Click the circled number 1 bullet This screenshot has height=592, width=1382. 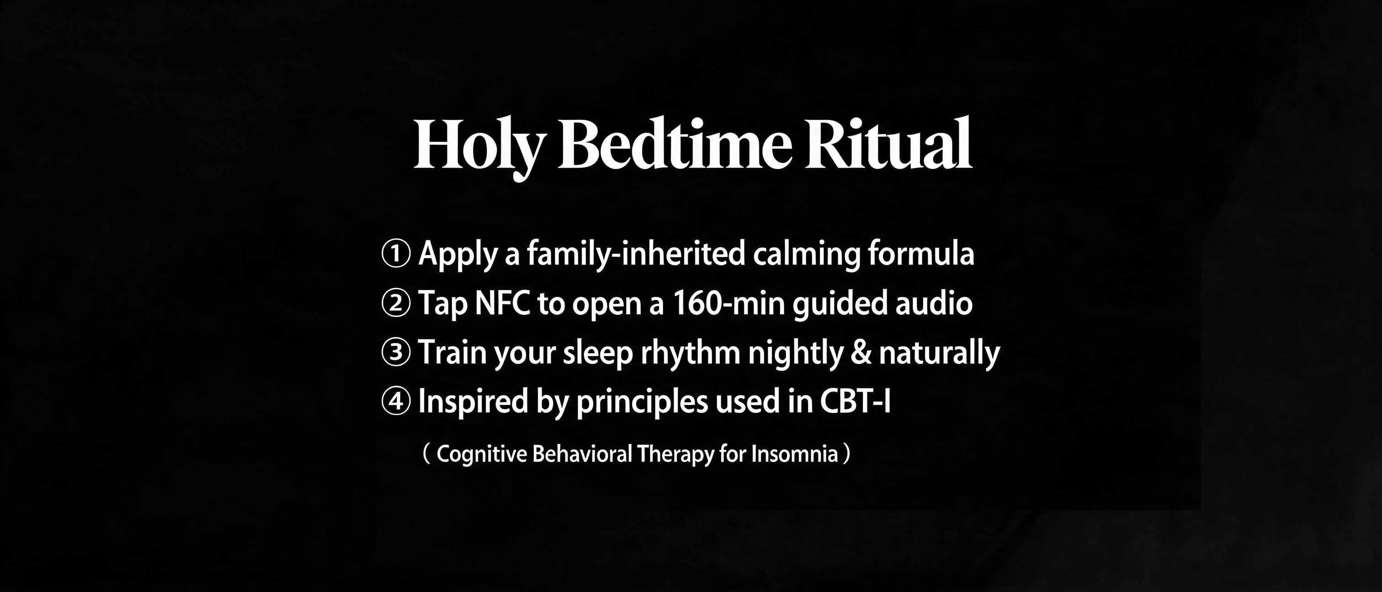[x=396, y=254]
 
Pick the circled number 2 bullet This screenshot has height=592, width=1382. [x=396, y=303]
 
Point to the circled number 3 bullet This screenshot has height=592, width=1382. [x=396, y=353]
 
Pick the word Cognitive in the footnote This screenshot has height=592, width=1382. [x=482, y=454]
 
